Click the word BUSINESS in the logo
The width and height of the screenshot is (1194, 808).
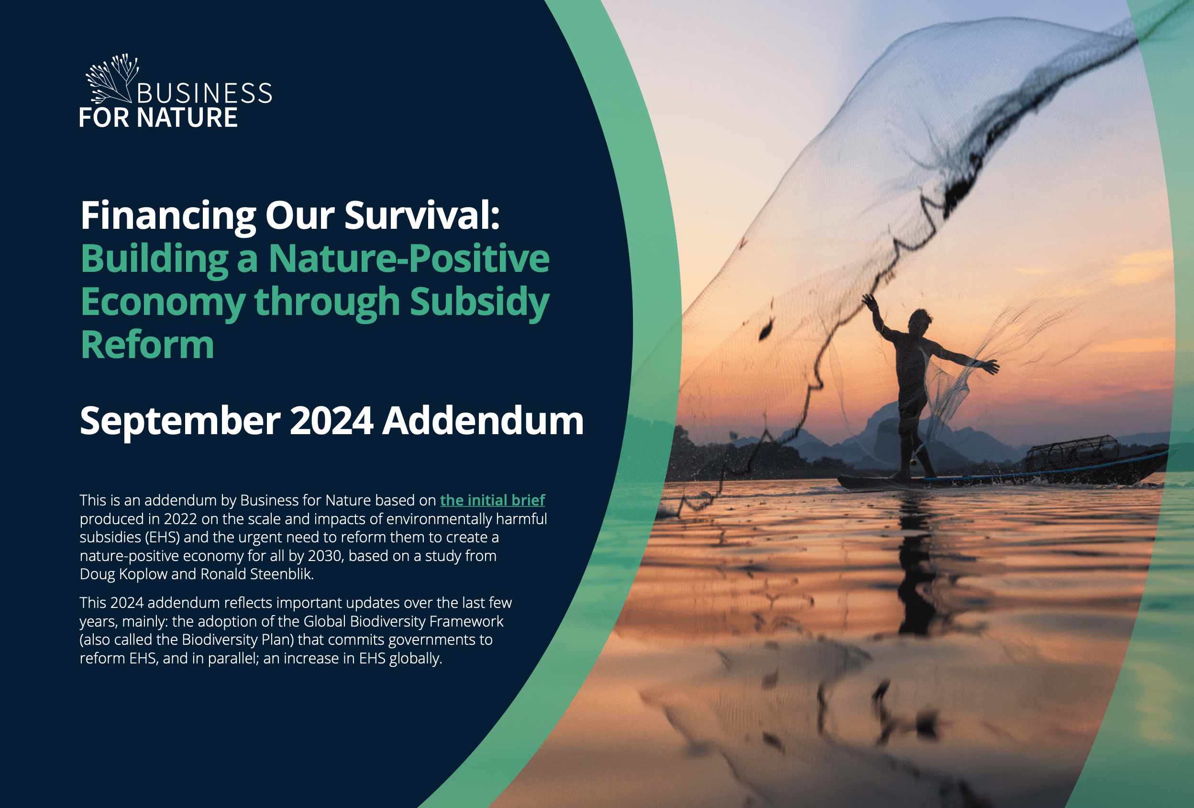click(204, 93)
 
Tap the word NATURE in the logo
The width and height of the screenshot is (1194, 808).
click(187, 118)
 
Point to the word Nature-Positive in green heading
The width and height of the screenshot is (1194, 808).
click(409, 258)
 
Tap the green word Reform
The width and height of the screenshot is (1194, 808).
click(147, 345)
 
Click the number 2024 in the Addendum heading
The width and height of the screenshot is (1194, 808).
click(332, 421)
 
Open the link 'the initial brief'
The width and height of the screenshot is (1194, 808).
click(492, 500)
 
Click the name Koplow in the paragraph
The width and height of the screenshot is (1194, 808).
click(143, 574)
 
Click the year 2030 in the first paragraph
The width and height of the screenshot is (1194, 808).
click(325, 556)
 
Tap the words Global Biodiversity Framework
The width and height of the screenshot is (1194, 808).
click(403, 621)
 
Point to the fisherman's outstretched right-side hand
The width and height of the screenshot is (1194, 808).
click(991, 367)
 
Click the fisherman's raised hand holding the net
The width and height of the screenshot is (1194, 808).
click(869, 301)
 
